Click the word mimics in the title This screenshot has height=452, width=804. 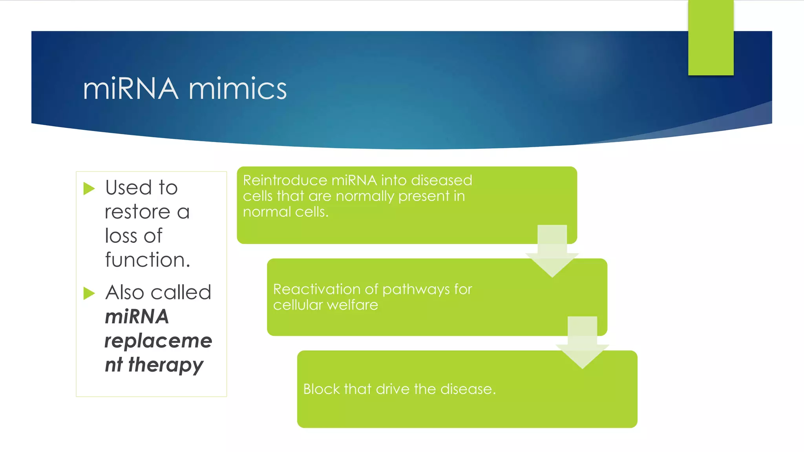[238, 89]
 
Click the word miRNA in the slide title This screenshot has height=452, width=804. [130, 89]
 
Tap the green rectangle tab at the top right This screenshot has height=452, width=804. [711, 38]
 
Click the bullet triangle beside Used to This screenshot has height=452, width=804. [89, 189]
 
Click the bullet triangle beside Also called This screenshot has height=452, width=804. [89, 293]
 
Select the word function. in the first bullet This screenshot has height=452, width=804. [148, 260]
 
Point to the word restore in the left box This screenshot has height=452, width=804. [137, 212]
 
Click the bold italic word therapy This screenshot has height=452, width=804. [166, 365]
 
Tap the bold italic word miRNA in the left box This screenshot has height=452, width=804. [137, 317]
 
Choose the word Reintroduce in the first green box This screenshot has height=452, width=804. [285, 180]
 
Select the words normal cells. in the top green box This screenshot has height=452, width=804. [285, 212]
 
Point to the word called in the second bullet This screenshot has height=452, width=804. [181, 293]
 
